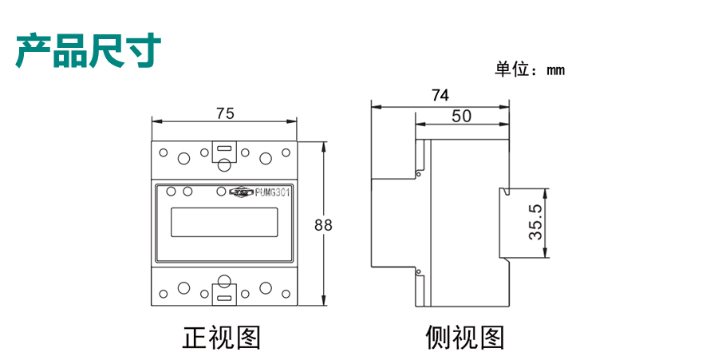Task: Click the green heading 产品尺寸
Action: [x=89, y=50]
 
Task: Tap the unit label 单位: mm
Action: [x=530, y=69]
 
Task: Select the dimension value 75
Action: [x=225, y=113]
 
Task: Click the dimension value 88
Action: [x=323, y=225]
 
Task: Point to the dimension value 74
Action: [x=440, y=95]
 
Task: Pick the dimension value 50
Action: [x=461, y=117]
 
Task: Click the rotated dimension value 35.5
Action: [x=535, y=222]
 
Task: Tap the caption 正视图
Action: [x=222, y=338]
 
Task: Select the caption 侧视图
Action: [x=464, y=338]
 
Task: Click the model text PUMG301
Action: [x=273, y=192]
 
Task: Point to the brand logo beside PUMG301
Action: [x=241, y=192]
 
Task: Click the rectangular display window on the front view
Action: [x=224, y=222]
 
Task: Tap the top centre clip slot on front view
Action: [x=224, y=148]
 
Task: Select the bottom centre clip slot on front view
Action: [x=224, y=299]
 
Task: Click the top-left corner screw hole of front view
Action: [x=164, y=152]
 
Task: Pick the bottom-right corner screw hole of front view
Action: [x=286, y=294]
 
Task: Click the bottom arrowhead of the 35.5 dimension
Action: [x=545, y=252]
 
